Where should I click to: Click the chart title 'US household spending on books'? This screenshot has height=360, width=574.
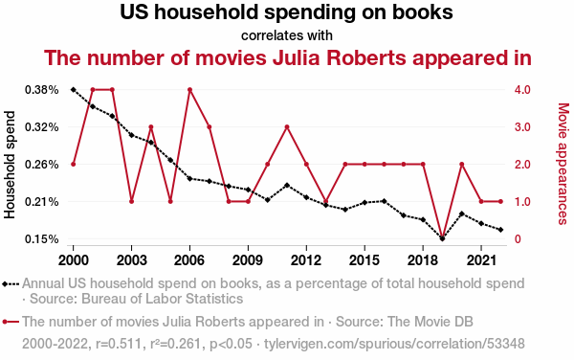coord(286,12)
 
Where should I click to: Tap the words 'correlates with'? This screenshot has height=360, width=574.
coord(287,35)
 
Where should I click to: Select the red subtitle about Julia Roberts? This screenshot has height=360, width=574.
coord(287,57)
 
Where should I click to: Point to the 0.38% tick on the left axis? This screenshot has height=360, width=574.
coord(42,90)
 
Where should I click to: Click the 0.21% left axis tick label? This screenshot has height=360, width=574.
coord(42,201)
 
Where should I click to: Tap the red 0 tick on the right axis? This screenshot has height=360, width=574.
coord(518,238)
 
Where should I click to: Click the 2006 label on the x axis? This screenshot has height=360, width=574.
coord(189,260)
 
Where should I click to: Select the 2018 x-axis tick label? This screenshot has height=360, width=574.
coord(423,260)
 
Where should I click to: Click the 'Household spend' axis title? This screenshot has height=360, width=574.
coord(10,165)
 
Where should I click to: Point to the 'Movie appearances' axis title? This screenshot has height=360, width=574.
coord(563,164)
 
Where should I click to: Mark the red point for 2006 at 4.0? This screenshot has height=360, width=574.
coord(189,90)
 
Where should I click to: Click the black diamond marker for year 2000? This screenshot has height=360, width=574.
coord(74,90)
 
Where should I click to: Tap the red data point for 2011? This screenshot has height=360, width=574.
coord(287,127)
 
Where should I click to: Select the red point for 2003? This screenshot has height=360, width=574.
coord(131,201)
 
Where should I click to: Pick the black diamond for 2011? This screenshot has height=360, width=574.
coord(287,186)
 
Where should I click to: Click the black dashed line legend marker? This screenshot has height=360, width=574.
coord(11,283)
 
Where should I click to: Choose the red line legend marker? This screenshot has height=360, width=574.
coord(11,322)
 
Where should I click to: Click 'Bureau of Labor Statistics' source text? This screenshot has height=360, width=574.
coord(163,299)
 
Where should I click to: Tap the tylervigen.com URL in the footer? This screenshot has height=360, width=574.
coord(394,344)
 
